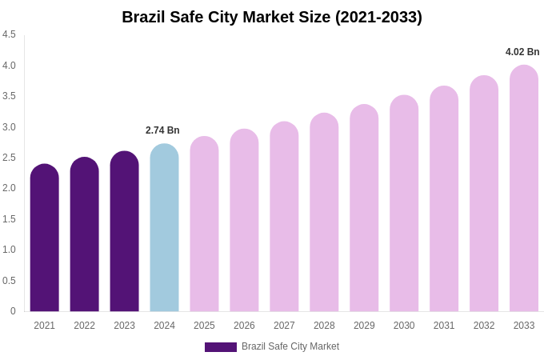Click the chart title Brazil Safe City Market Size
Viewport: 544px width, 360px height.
point(272,17)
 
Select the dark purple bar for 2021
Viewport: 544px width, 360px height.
point(45,240)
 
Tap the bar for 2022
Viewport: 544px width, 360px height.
point(85,236)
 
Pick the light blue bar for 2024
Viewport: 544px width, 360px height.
point(164,230)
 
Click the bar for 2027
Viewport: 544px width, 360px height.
point(284,218)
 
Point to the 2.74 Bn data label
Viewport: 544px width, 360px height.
point(162,130)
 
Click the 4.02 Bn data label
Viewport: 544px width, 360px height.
point(522,52)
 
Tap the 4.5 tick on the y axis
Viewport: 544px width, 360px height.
point(9,34)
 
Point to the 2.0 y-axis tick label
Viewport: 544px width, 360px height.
point(9,188)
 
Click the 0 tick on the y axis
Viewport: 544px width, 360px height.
point(13,311)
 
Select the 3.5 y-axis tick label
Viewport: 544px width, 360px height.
point(9,96)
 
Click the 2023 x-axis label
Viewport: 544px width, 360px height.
point(124,326)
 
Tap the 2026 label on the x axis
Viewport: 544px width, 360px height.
point(244,326)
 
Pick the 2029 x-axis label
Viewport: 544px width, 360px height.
point(364,326)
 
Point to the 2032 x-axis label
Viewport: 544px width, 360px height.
point(484,326)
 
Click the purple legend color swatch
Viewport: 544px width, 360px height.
point(221,347)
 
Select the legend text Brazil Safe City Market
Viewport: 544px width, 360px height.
point(290,346)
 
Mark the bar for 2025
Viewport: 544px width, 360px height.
point(204,226)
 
